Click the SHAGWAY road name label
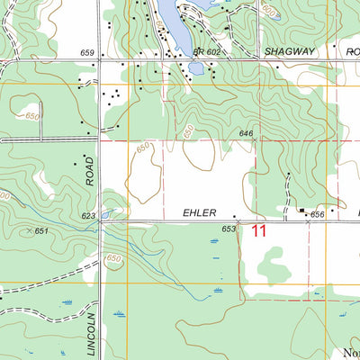click(290, 52)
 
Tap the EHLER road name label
click(200, 213)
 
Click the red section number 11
click(259, 231)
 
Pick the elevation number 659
click(87, 54)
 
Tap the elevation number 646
click(246, 133)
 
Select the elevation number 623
click(88, 216)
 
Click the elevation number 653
click(229, 230)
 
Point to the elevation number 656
click(317, 215)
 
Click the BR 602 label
click(206, 52)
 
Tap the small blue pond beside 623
click(106, 215)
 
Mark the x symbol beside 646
click(256, 139)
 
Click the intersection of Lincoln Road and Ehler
click(101, 221)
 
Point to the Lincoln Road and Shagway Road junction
click(100, 61)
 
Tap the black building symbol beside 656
click(302, 211)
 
